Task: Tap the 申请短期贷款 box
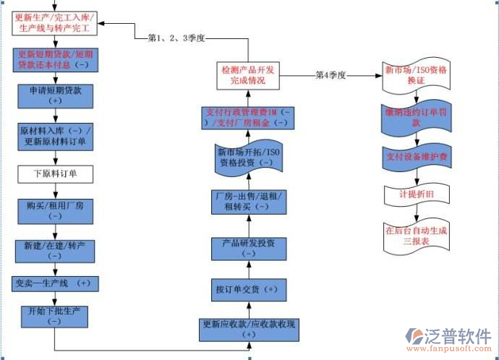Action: (x=55, y=96)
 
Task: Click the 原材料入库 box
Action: (x=55, y=135)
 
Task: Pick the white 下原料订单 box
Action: (x=55, y=173)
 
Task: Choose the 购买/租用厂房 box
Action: (x=55, y=210)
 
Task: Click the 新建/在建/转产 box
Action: (x=55, y=251)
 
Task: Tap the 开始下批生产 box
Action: (x=54, y=316)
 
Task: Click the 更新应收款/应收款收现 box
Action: (x=249, y=330)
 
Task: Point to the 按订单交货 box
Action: (x=247, y=289)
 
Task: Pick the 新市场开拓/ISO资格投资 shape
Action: (x=246, y=158)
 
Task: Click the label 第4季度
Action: (x=331, y=75)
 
